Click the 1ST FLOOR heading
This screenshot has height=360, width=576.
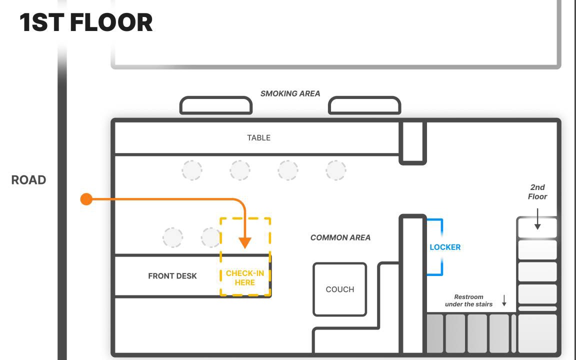click(86, 23)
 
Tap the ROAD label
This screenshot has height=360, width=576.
click(29, 180)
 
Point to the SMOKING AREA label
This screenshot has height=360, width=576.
click(290, 93)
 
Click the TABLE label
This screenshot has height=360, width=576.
click(258, 138)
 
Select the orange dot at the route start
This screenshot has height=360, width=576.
click(86, 199)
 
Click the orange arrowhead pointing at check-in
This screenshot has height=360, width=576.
click(244, 242)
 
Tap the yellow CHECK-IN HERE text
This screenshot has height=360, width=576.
click(245, 278)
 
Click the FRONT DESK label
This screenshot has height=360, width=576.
click(172, 276)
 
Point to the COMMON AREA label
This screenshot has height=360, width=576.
click(340, 237)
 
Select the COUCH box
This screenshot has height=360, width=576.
click(340, 289)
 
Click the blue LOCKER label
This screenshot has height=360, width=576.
click(445, 247)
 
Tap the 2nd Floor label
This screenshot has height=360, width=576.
click(537, 192)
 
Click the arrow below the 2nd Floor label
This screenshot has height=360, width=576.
click(537, 220)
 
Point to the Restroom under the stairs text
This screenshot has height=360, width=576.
click(468, 300)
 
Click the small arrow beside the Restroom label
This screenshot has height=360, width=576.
click(504, 300)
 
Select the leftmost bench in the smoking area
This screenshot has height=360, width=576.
click(215, 105)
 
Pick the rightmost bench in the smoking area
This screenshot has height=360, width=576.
click(364, 105)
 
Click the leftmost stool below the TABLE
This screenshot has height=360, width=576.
click(192, 170)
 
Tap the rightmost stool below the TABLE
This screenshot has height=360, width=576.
click(336, 170)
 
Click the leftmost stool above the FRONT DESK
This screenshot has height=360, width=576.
click(173, 237)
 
